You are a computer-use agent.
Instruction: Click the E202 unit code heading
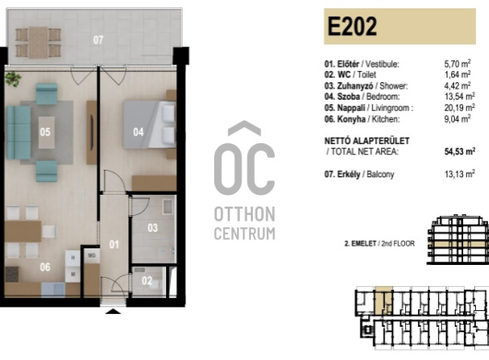click(352, 26)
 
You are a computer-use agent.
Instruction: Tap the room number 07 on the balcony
click(98, 40)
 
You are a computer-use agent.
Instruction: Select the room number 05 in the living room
click(45, 132)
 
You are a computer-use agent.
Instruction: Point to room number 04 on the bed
click(138, 132)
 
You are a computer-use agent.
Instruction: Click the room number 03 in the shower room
click(152, 228)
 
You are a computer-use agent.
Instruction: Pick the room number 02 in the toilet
click(147, 281)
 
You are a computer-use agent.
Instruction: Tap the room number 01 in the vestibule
click(114, 245)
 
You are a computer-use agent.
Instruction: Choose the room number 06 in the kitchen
click(45, 267)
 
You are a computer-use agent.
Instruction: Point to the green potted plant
click(13, 78)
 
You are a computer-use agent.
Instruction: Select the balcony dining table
click(39, 42)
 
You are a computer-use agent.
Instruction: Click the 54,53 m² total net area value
click(459, 151)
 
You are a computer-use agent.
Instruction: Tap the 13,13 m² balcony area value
click(459, 174)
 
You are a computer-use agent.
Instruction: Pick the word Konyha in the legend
click(352, 119)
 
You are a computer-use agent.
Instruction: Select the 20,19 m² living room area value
click(459, 108)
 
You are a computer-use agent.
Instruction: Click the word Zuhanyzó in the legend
click(355, 86)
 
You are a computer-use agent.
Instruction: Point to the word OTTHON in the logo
click(244, 214)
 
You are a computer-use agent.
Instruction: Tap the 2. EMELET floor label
click(360, 244)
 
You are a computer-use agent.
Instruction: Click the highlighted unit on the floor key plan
click(383, 300)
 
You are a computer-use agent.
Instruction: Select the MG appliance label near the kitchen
click(91, 256)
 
